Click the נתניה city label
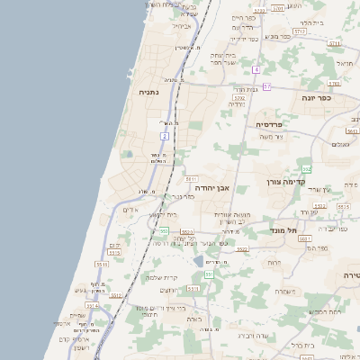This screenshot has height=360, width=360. click(x=149, y=92)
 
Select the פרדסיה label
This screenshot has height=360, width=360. click(x=270, y=124)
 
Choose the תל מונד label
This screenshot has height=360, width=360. click(x=283, y=230)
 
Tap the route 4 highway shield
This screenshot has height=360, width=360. click(x=256, y=69)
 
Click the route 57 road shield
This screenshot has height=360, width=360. click(x=266, y=85)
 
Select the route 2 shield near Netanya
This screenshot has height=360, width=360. click(x=165, y=136)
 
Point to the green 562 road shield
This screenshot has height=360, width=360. click(x=307, y=169)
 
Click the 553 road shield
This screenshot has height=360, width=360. click(x=163, y=232)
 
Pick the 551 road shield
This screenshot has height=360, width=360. click(x=208, y=274)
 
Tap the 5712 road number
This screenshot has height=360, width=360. click(x=300, y=31)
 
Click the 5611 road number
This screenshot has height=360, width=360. click(x=192, y=180)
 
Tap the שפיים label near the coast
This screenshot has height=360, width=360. click(x=77, y=314)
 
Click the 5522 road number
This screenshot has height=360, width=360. click(x=187, y=232)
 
